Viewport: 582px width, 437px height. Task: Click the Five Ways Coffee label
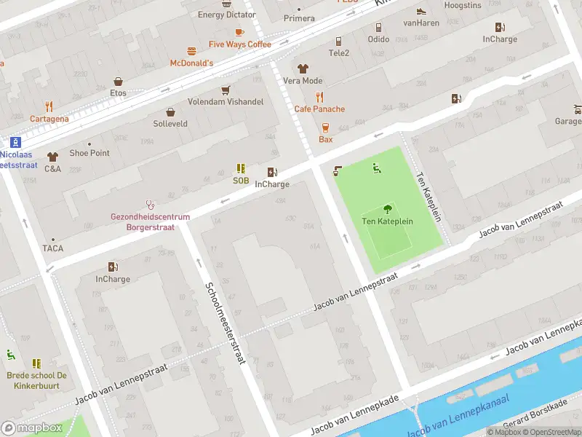click(x=239, y=44)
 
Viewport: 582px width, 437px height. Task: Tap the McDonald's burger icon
click(x=191, y=51)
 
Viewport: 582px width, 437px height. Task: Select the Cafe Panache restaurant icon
click(x=319, y=97)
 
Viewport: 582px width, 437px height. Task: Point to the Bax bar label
click(x=325, y=139)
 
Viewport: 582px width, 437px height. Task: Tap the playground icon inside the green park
click(x=377, y=169)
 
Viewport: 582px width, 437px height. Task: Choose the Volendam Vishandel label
click(x=226, y=102)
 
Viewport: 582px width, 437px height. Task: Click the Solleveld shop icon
click(x=170, y=111)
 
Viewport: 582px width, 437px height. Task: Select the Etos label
click(x=118, y=93)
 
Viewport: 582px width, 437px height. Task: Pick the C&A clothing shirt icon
click(x=52, y=157)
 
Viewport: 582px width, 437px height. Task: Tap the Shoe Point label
click(x=89, y=153)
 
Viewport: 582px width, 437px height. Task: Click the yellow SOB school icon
click(x=241, y=168)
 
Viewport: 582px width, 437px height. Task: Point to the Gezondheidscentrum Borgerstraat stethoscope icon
click(x=151, y=205)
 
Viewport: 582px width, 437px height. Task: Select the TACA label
click(x=52, y=248)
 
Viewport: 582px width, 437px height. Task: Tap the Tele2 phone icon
click(x=338, y=41)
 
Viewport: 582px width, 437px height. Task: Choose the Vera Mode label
click(x=303, y=81)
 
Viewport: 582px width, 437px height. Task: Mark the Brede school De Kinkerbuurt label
click(x=37, y=380)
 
